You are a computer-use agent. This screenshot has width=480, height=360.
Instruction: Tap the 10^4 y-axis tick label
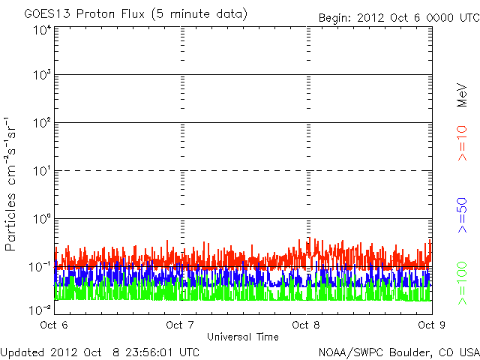coord(42,30)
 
